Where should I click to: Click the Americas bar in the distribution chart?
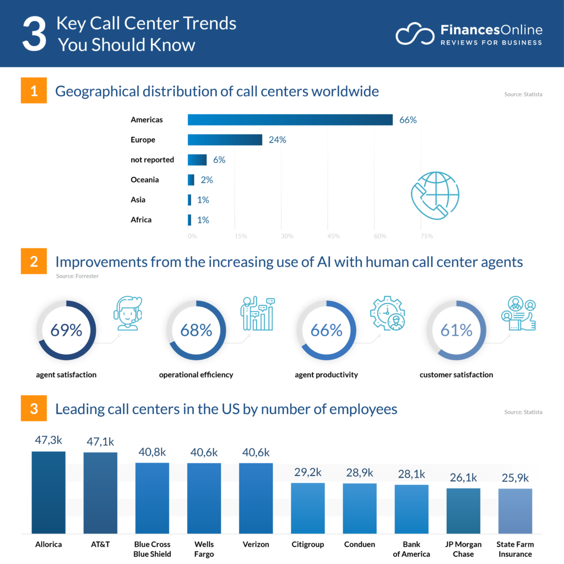tap(290, 120)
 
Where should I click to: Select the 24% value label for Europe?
tap(278, 140)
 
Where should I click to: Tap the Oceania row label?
tap(145, 180)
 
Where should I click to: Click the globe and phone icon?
tap(435, 196)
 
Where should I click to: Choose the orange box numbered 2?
tap(34, 262)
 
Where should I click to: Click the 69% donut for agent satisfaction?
tap(67, 330)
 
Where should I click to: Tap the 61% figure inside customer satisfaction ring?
tap(456, 330)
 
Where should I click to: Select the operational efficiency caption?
tap(196, 375)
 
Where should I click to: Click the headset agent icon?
tap(127, 313)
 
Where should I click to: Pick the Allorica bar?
tap(48, 492)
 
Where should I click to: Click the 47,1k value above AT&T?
tap(100, 442)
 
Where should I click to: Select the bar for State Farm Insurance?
tap(515, 511)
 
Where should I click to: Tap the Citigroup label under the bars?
tap(308, 544)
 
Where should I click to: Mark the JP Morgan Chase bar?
tap(463, 511)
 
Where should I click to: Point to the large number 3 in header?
tap(34, 34)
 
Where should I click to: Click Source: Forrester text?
tap(78, 276)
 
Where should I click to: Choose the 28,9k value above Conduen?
tap(360, 473)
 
